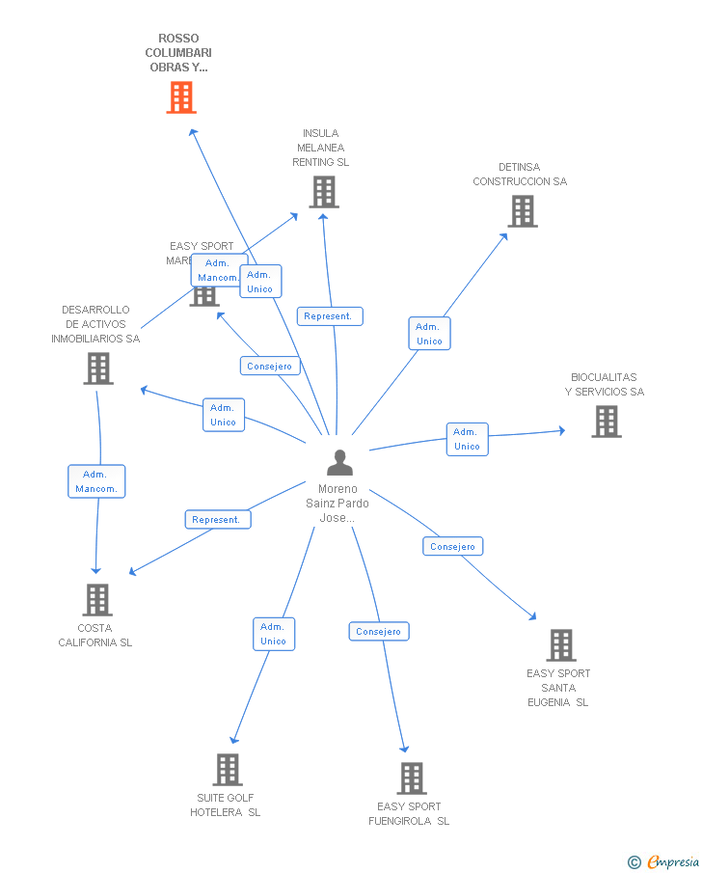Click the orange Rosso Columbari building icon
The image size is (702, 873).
coord(181,97)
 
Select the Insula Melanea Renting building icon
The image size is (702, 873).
coord(324,192)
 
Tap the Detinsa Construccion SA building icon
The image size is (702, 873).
coord(522,211)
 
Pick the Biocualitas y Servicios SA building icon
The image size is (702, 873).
coord(606,422)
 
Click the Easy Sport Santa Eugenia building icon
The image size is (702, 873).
coord(560,645)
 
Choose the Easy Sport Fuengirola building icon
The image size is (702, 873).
coord(412,778)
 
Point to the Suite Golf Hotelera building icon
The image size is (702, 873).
coord(228,770)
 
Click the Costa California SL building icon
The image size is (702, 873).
coord(96,600)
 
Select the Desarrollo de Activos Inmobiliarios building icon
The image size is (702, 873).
coord(98,368)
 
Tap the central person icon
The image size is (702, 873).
coord(339,463)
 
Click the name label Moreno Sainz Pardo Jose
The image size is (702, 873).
coord(337,504)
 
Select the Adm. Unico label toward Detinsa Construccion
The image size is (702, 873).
coord(429,334)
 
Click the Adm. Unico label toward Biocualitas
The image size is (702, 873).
coord(467,439)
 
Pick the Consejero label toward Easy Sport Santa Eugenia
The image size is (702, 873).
coord(452,547)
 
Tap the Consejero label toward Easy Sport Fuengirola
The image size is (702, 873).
coord(379,632)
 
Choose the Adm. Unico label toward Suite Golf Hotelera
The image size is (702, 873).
coord(273,634)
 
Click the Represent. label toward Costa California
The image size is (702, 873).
coord(218,519)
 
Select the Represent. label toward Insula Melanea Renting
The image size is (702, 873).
coord(330,316)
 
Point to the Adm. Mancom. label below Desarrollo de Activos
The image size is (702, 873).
coord(96,481)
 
